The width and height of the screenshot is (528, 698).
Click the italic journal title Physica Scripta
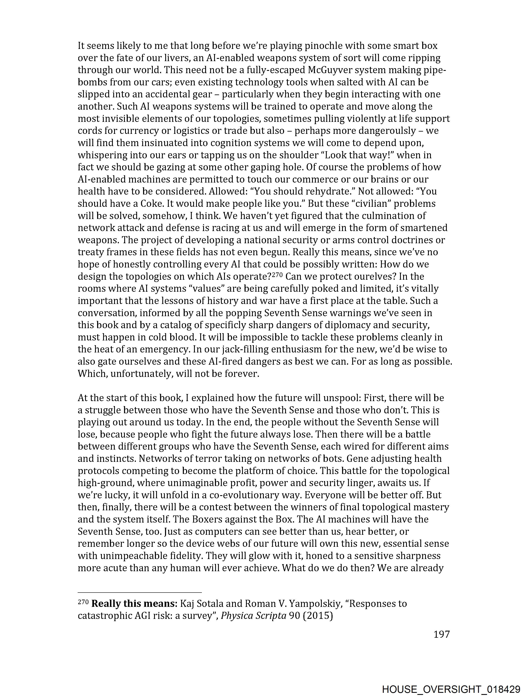(253, 616)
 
